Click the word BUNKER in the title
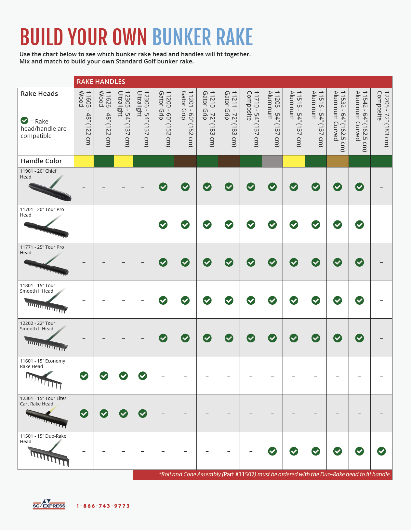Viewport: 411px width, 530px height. click(x=182, y=37)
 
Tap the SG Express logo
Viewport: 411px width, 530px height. click(x=49, y=504)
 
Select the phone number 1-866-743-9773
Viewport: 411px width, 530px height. click(x=103, y=506)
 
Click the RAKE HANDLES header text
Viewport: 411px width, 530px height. click(x=101, y=82)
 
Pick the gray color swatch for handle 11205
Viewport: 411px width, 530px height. click(x=272, y=161)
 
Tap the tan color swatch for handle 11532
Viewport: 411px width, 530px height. click(x=338, y=161)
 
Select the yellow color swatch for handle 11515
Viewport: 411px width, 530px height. click(x=294, y=161)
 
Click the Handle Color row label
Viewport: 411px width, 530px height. click(x=41, y=161)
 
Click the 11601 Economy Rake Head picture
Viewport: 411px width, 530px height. click(x=44, y=379)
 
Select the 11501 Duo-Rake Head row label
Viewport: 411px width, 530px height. click(x=43, y=438)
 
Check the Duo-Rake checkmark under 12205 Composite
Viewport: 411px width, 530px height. click(x=381, y=451)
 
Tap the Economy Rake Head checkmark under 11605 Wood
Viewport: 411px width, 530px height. click(x=84, y=376)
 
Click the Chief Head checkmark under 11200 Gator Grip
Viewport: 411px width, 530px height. click(x=163, y=187)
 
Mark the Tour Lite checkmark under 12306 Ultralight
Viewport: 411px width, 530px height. click(x=143, y=414)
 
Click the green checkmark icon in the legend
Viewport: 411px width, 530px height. click(x=24, y=121)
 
